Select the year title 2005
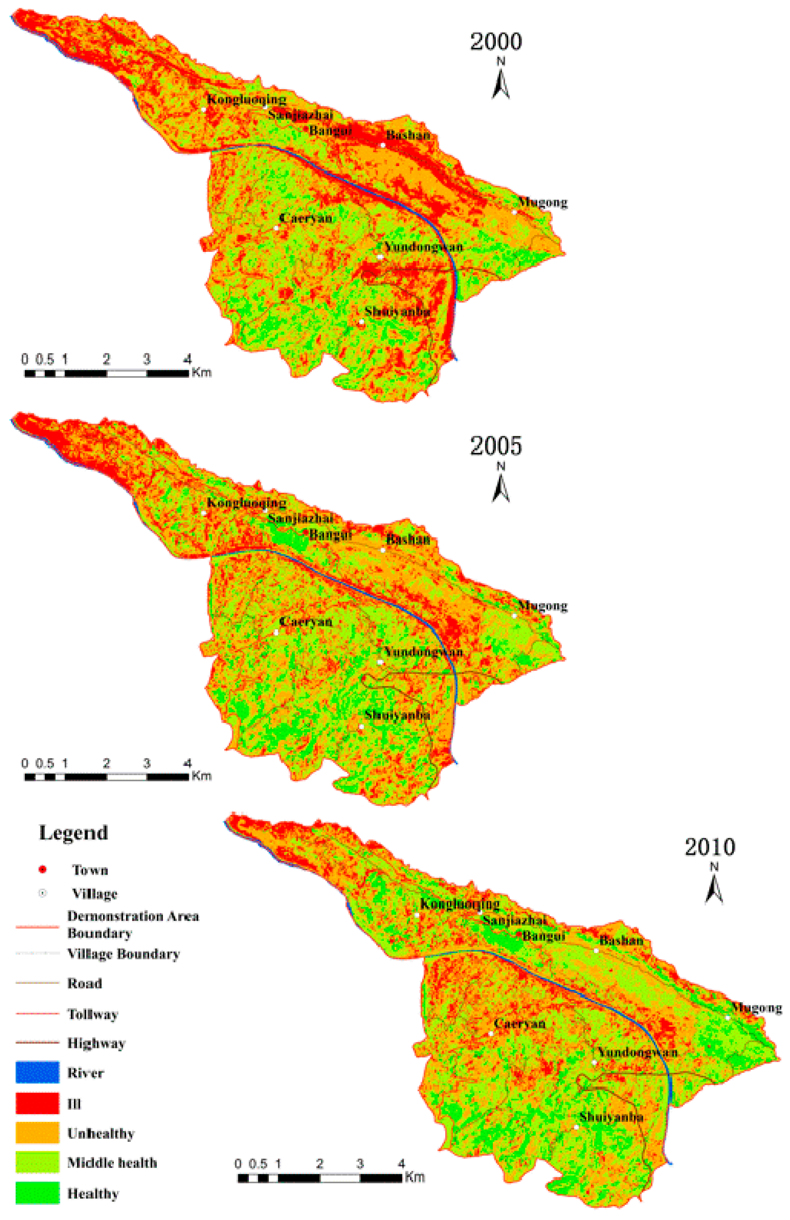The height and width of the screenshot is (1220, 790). click(496, 446)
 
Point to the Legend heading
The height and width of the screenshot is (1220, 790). click(73, 833)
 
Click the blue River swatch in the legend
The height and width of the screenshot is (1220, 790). click(37, 1072)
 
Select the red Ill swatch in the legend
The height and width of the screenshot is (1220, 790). click(37, 1103)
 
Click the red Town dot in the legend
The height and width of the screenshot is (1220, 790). click(43, 870)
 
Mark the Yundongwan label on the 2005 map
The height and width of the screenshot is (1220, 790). click(423, 652)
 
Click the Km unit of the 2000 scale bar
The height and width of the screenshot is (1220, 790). click(201, 373)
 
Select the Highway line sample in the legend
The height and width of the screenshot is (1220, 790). click(37, 1043)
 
